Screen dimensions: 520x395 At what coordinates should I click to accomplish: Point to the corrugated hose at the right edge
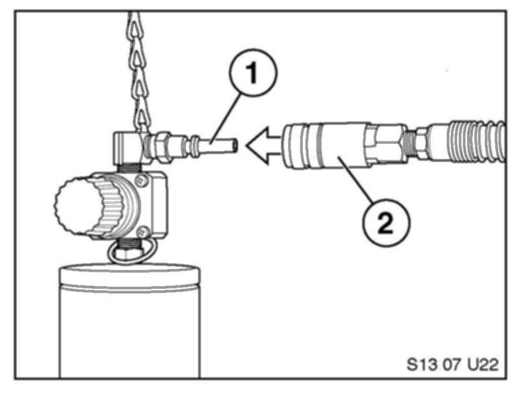click(472, 142)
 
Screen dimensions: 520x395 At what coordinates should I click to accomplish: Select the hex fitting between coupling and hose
click(386, 141)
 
